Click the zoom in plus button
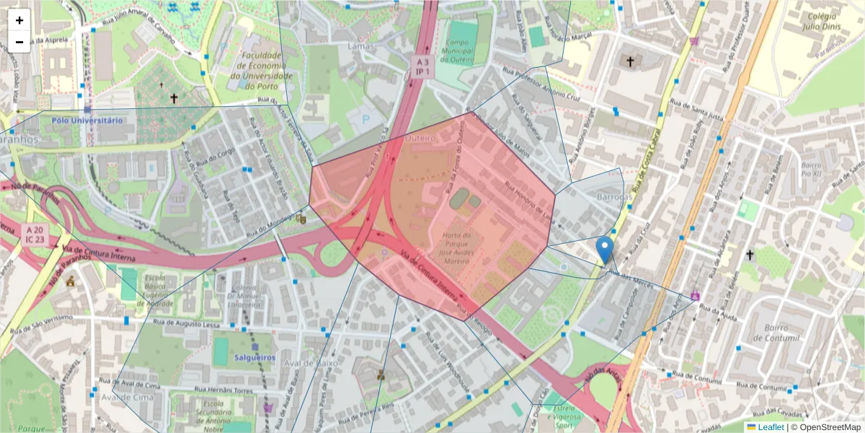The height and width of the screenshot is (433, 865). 19,20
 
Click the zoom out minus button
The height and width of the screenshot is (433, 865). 19,42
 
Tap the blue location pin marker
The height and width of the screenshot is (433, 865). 605,250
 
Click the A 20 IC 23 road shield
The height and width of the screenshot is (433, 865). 34,233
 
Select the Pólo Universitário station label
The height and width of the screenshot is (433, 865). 87,121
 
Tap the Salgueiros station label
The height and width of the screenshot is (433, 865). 254,357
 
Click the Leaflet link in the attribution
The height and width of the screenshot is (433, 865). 771,427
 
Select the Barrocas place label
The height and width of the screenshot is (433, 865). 614,196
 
